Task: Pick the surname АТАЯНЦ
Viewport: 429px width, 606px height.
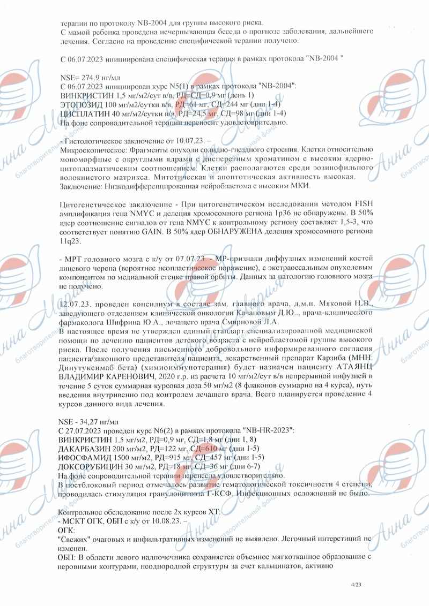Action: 349,366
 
